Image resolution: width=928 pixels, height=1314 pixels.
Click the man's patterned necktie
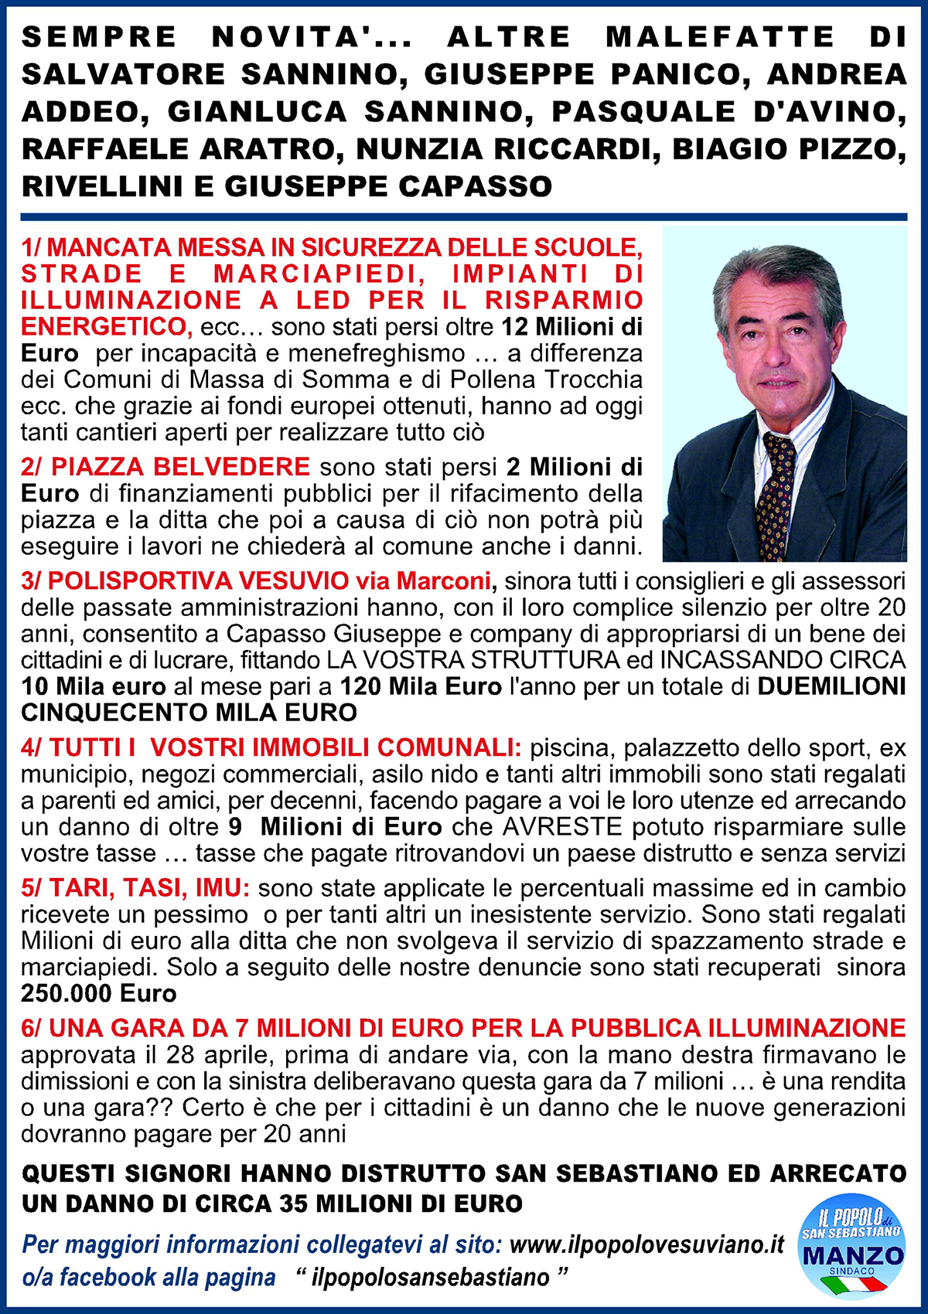coord(776,495)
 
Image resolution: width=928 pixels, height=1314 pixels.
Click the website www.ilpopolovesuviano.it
coord(647,1244)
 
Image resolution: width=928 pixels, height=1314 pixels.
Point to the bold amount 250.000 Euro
coord(99,993)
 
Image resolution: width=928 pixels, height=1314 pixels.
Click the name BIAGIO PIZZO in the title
coord(789,149)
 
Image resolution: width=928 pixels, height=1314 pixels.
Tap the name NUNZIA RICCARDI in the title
coord(504,149)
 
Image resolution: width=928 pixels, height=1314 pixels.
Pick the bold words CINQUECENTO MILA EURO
coord(189,712)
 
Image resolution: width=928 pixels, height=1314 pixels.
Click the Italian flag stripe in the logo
coord(853,1284)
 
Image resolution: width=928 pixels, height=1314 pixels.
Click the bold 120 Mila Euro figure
coord(421,686)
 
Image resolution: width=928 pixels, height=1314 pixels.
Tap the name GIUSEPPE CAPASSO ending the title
coord(388,186)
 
